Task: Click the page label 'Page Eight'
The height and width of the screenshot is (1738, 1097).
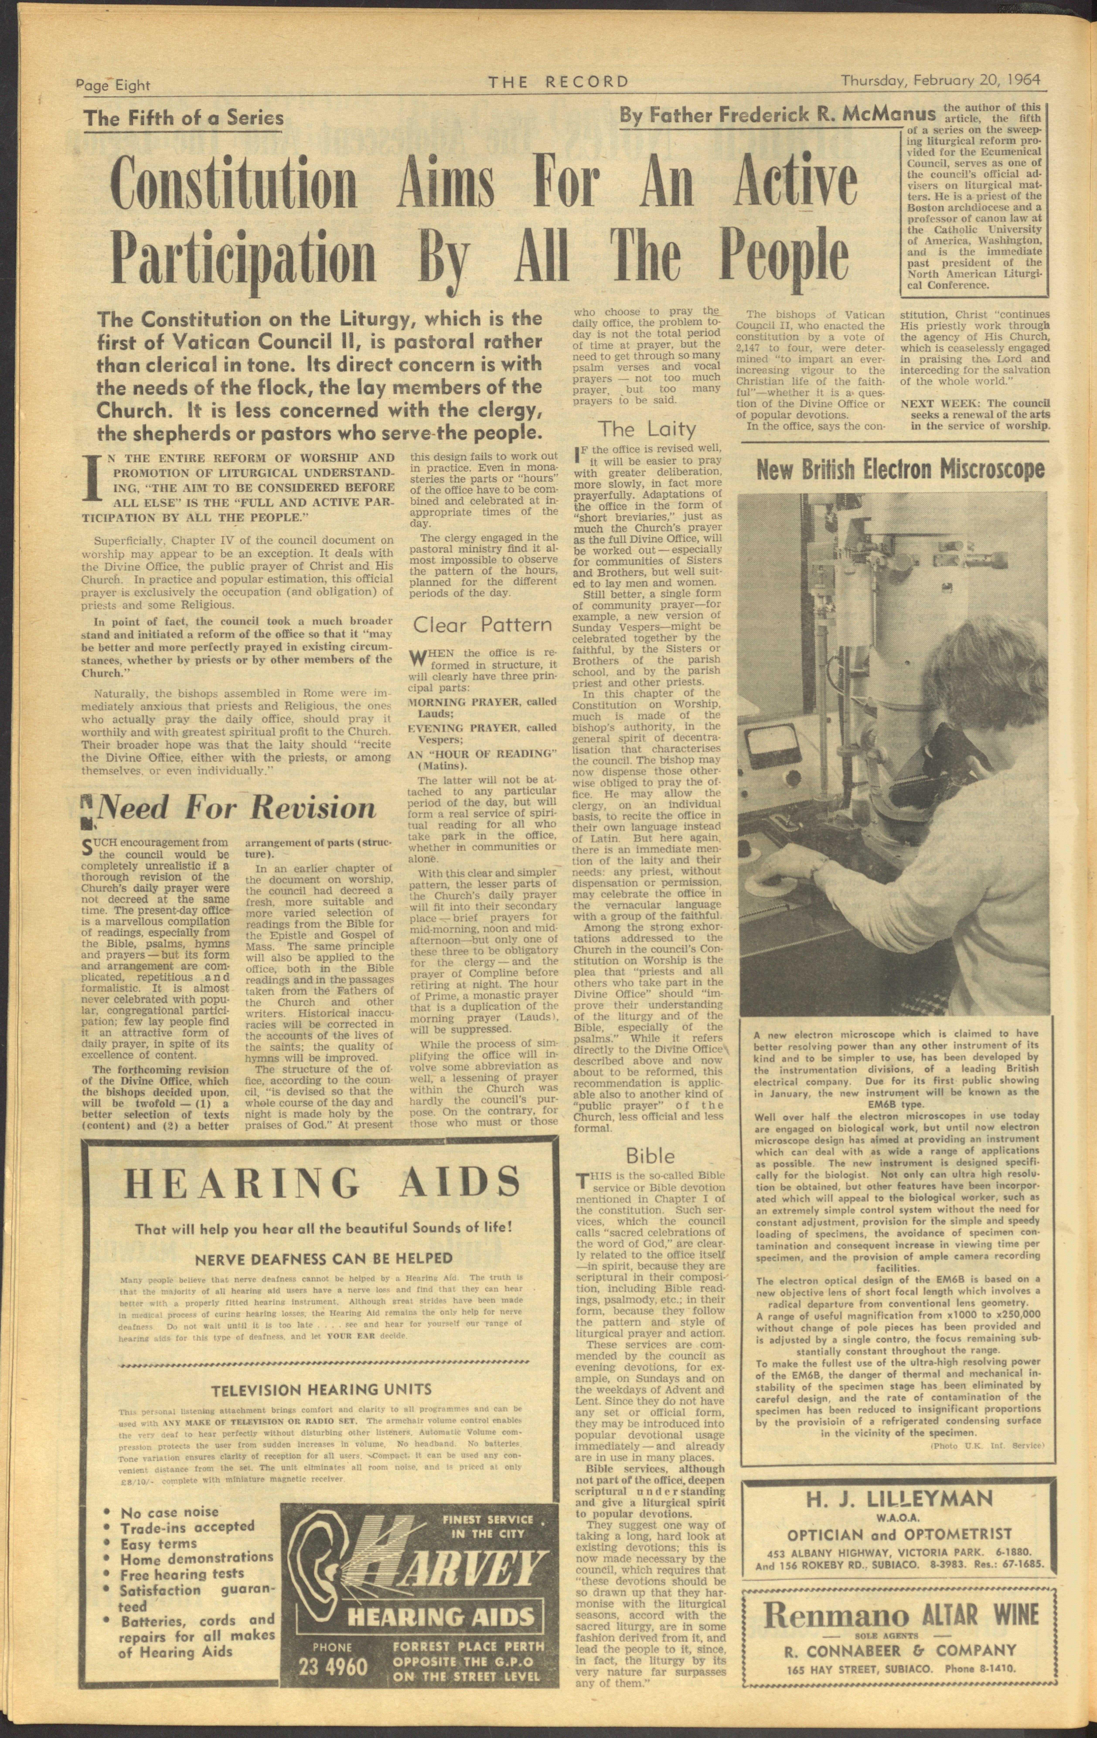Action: [113, 85]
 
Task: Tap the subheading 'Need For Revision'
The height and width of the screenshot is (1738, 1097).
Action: [236, 808]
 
